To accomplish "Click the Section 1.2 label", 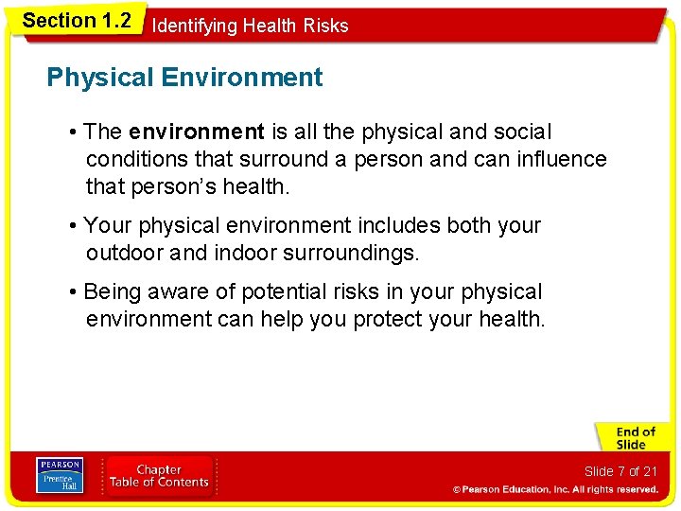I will click(x=76, y=20).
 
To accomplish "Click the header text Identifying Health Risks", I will click(x=250, y=26).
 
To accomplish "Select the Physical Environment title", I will click(x=184, y=78).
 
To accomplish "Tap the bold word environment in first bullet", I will click(x=197, y=132).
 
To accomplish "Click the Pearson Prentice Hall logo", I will click(x=59, y=475).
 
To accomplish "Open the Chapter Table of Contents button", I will click(x=159, y=476).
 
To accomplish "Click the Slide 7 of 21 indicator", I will click(x=620, y=471).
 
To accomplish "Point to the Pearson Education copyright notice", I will click(x=555, y=489).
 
